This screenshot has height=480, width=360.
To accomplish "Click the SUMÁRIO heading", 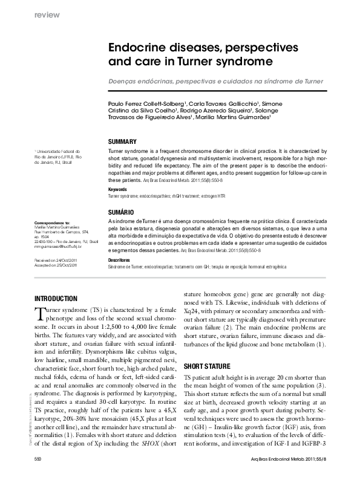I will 121,213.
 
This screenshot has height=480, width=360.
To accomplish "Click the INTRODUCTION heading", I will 56,299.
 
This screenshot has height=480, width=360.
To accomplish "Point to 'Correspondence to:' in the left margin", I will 51,223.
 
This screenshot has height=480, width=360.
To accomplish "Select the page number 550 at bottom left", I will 38,459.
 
